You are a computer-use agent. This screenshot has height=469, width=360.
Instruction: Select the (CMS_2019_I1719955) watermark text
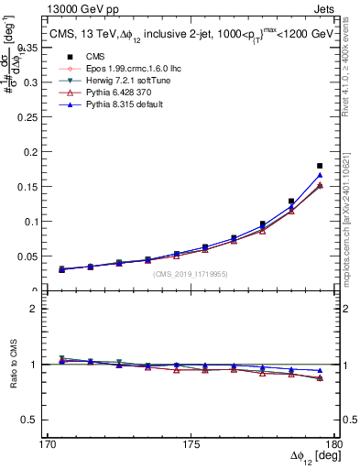click(x=191, y=272)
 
